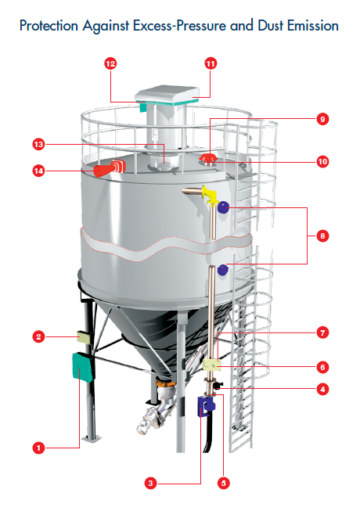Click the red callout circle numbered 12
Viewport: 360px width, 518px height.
click(110, 63)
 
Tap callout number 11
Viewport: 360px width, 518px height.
click(211, 63)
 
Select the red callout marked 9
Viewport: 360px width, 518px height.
click(322, 119)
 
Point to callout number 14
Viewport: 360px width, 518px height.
click(38, 171)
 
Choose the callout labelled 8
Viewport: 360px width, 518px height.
click(322, 236)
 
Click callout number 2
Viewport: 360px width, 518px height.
click(38, 336)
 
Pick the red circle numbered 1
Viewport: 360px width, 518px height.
click(38, 448)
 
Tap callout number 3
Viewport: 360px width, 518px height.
click(150, 484)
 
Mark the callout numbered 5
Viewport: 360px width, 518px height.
click(224, 484)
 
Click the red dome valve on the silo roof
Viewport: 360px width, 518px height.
click(207, 158)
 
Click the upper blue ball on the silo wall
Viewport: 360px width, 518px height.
click(224, 207)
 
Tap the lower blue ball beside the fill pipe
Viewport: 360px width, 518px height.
click(223, 270)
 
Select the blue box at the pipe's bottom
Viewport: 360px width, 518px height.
click(206, 406)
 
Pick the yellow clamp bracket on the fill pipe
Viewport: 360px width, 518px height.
click(212, 365)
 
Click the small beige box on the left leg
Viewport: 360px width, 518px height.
click(84, 337)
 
